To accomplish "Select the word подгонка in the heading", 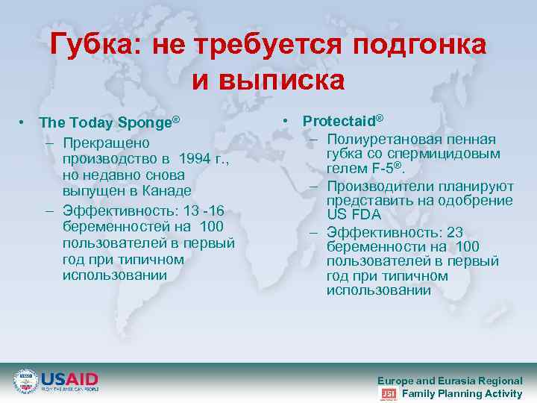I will pos(419,46).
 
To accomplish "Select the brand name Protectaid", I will pos(339,120).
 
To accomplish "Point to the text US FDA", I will pos(354,215).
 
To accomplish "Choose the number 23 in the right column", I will pos(455,231).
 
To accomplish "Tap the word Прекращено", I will pos(106,142).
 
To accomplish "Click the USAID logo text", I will pos(69,378).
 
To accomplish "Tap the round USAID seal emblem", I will pos(25,381).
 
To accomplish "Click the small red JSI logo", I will pos(388,394).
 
